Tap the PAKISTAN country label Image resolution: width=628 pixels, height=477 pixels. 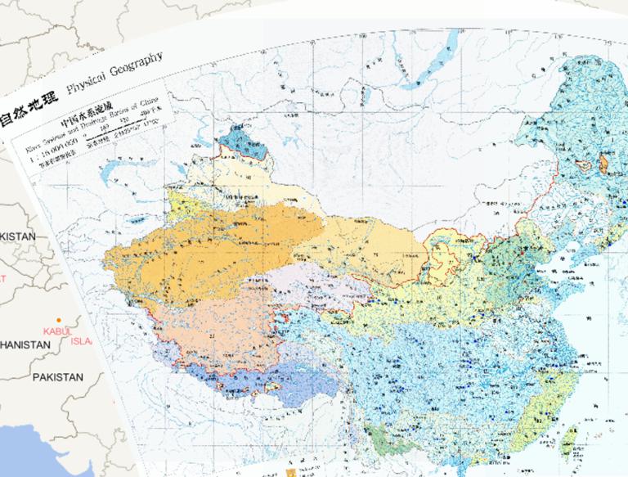[x=57, y=377]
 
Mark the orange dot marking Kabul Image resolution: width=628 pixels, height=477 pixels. [x=59, y=319]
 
